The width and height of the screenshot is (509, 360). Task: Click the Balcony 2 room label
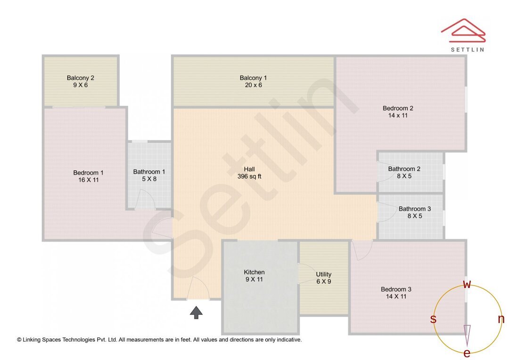[80, 78]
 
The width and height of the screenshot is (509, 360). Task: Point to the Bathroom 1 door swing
[145, 200]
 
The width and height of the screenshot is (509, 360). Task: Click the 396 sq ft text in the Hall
[249, 177]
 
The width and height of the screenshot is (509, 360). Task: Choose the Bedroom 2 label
[398, 108]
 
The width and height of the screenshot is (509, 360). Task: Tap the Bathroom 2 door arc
[384, 172]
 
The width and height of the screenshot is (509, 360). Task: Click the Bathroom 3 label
[414, 209]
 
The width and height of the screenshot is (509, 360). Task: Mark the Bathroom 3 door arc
[384, 213]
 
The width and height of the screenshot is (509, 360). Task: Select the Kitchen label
[254, 272]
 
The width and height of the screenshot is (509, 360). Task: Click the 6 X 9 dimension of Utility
[324, 281]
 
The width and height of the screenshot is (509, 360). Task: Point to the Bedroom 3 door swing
[362, 250]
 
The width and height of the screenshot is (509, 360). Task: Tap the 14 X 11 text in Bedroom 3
[396, 296]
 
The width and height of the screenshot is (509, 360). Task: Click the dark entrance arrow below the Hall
[196, 312]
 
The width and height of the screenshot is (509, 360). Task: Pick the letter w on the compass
[467, 285]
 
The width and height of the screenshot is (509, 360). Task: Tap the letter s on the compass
[433, 319]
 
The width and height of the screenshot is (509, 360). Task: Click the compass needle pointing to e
[467, 335]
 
